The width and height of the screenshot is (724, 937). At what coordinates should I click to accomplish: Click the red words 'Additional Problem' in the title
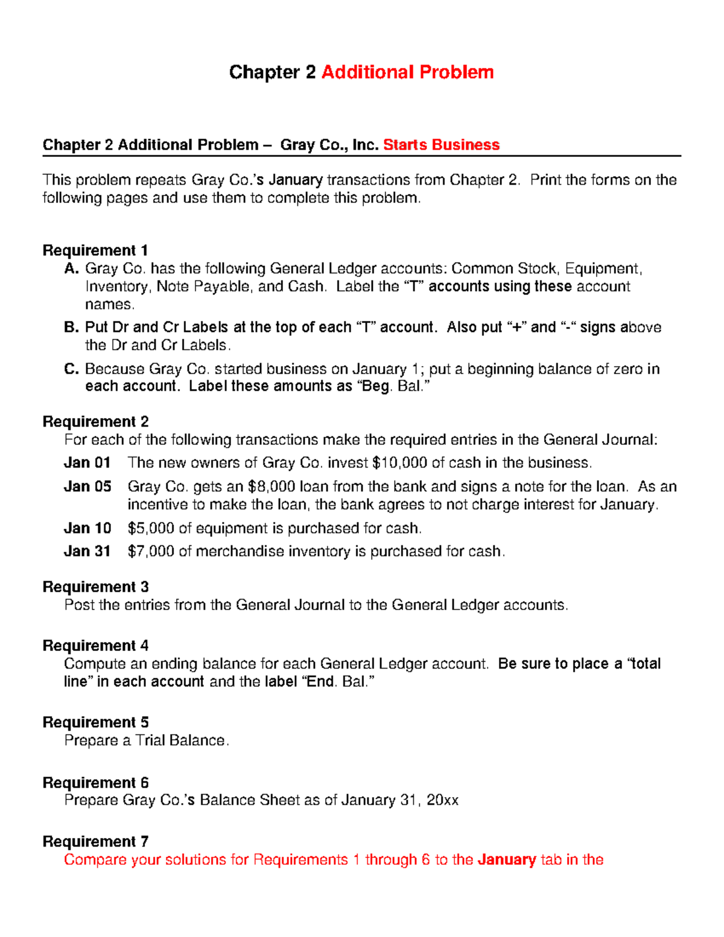(x=407, y=72)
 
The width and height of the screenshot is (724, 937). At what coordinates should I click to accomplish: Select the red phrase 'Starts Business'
(x=441, y=145)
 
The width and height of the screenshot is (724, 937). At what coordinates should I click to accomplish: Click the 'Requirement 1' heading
(x=95, y=250)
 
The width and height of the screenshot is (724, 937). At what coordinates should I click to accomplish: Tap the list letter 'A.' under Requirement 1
(x=72, y=268)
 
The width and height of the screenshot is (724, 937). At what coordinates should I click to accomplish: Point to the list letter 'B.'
(x=72, y=328)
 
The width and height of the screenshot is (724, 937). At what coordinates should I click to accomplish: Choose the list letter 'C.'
(x=72, y=369)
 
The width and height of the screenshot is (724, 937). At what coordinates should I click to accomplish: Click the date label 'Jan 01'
(x=87, y=463)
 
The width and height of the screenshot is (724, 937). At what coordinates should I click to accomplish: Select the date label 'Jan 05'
(x=87, y=487)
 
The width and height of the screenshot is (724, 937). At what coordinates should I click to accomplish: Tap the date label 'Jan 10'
(x=87, y=529)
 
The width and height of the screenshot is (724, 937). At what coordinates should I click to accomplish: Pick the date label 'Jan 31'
(x=87, y=551)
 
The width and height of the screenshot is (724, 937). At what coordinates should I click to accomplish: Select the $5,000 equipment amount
(x=151, y=529)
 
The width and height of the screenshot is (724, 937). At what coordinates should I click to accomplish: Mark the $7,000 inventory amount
(x=151, y=551)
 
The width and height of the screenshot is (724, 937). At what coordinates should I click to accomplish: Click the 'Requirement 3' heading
(x=95, y=587)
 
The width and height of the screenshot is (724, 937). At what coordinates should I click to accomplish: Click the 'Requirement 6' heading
(x=95, y=783)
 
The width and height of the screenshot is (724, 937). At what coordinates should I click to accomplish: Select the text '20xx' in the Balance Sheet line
(x=442, y=801)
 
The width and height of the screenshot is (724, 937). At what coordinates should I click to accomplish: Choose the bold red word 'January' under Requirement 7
(x=506, y=860)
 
